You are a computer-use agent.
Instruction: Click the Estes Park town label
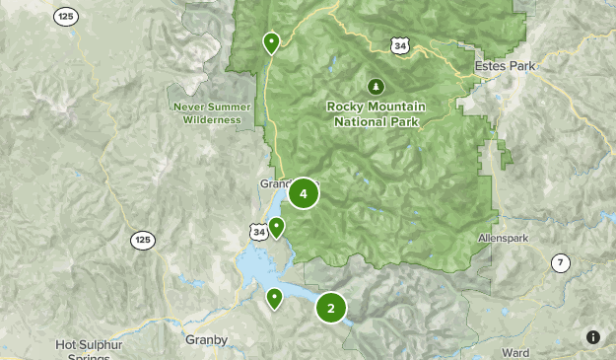click(x=504, y=65)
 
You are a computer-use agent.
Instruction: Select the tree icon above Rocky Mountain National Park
click(x=376, y=86)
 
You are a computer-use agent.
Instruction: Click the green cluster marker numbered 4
click(x=304, y=194)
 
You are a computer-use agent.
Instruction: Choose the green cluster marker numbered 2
click(x=331, y=308)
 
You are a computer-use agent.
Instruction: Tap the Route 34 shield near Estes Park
click(x=399, y=45)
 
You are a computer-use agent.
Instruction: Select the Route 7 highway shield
click(x=560, y=262)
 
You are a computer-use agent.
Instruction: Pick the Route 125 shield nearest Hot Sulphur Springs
click(x=143, y=240)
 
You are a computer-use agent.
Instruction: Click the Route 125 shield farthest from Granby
click(x=66, y=17)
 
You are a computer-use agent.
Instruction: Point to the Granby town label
click(x=206, y=340)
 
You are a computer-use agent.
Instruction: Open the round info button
click(x=593, y=337)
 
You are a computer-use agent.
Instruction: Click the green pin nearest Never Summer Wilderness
click(x=271, y=42)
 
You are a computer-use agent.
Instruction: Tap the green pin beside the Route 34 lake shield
click(x=277, y=228)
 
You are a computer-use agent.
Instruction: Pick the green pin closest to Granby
click(x=275, y=297)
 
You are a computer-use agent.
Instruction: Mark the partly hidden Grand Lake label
click(x=274, y=183)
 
